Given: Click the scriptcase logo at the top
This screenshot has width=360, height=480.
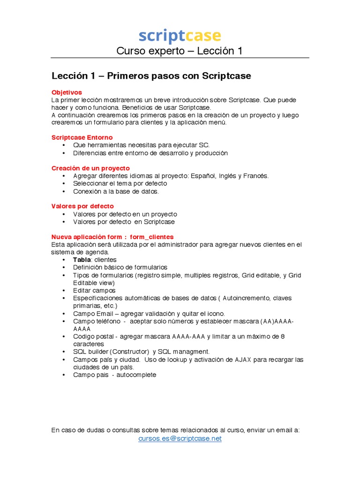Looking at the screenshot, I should [x=180, y=36].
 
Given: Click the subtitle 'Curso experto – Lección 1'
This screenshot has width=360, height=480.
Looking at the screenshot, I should [x=180, y=51].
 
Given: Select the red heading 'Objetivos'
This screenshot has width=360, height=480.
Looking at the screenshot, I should [x=67, y=92].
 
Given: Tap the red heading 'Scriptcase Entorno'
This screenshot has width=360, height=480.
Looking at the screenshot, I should [x=82, y=137].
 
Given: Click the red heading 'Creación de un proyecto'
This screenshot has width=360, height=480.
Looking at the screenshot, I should [x=90, y=168].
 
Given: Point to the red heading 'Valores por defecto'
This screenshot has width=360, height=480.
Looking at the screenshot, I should [x=82, y=206].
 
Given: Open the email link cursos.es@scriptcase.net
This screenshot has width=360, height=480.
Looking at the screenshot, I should [x=180, y=438].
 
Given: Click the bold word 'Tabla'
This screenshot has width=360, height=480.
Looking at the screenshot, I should [x=82, y=260].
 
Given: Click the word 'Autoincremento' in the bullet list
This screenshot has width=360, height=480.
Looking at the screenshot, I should [x=247, y=298].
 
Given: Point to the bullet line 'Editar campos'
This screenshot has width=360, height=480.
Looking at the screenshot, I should [x=94, y=291].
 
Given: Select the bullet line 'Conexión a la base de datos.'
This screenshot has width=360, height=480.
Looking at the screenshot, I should [x=116, y=191].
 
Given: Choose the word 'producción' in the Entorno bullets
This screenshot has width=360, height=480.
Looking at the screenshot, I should [x=211, y=153].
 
